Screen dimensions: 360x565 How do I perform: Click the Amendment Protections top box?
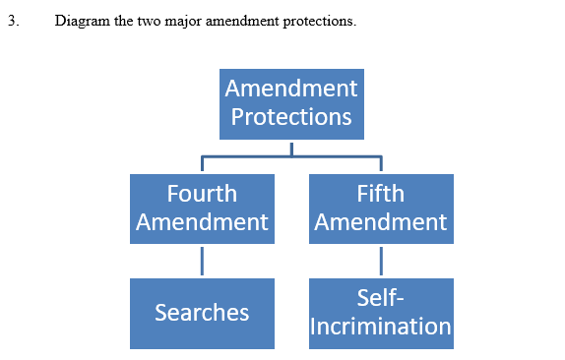click(291, 103)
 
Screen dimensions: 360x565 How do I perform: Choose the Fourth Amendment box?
click(202, 209)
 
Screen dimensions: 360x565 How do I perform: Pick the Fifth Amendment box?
click(381, 209)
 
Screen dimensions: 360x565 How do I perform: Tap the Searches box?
click(202, 313)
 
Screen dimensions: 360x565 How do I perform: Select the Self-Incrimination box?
click(381, 313)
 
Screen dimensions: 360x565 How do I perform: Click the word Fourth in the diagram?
click(202, 194)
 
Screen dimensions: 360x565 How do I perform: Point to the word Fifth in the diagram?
click(381, 194)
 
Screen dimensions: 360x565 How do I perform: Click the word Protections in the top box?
click(291, 117)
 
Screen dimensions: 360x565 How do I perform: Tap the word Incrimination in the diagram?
click(381, 327)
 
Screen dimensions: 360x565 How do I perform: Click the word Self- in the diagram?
click(381, 299)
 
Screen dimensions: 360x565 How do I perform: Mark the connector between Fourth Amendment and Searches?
click(202, 261)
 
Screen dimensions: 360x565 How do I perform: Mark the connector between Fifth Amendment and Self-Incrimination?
click(381, 261)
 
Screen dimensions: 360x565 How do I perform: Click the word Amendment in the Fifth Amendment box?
click(381, 222)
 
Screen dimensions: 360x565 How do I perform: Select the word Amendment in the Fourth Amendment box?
click(202, 222)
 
